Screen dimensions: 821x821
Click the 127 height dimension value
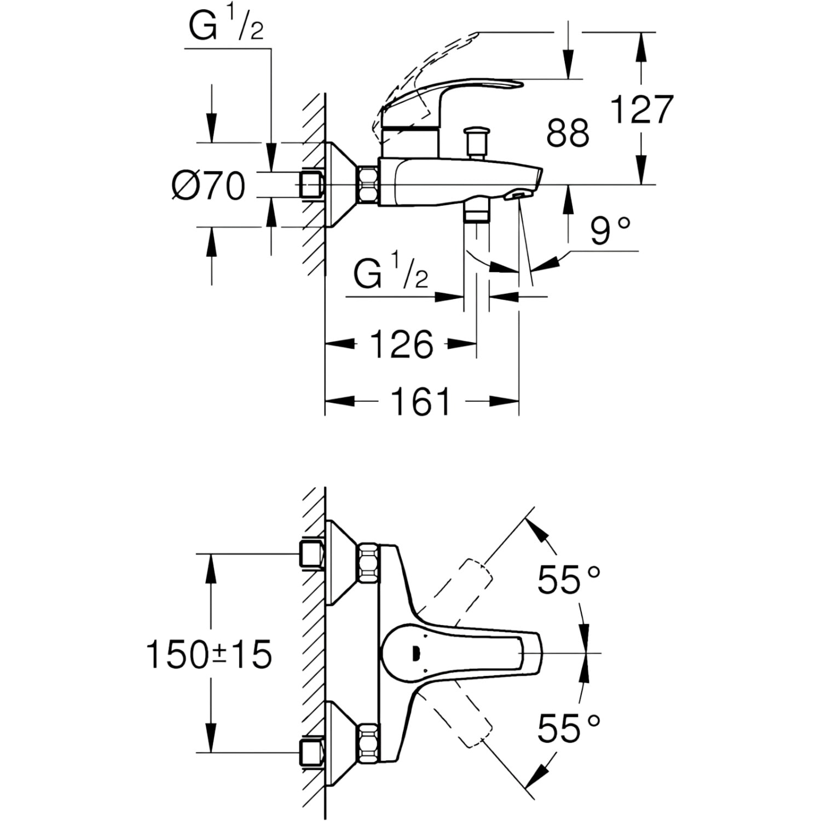641,110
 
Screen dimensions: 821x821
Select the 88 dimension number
568,132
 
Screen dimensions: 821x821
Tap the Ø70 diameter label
208,186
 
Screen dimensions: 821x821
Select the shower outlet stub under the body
476,211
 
